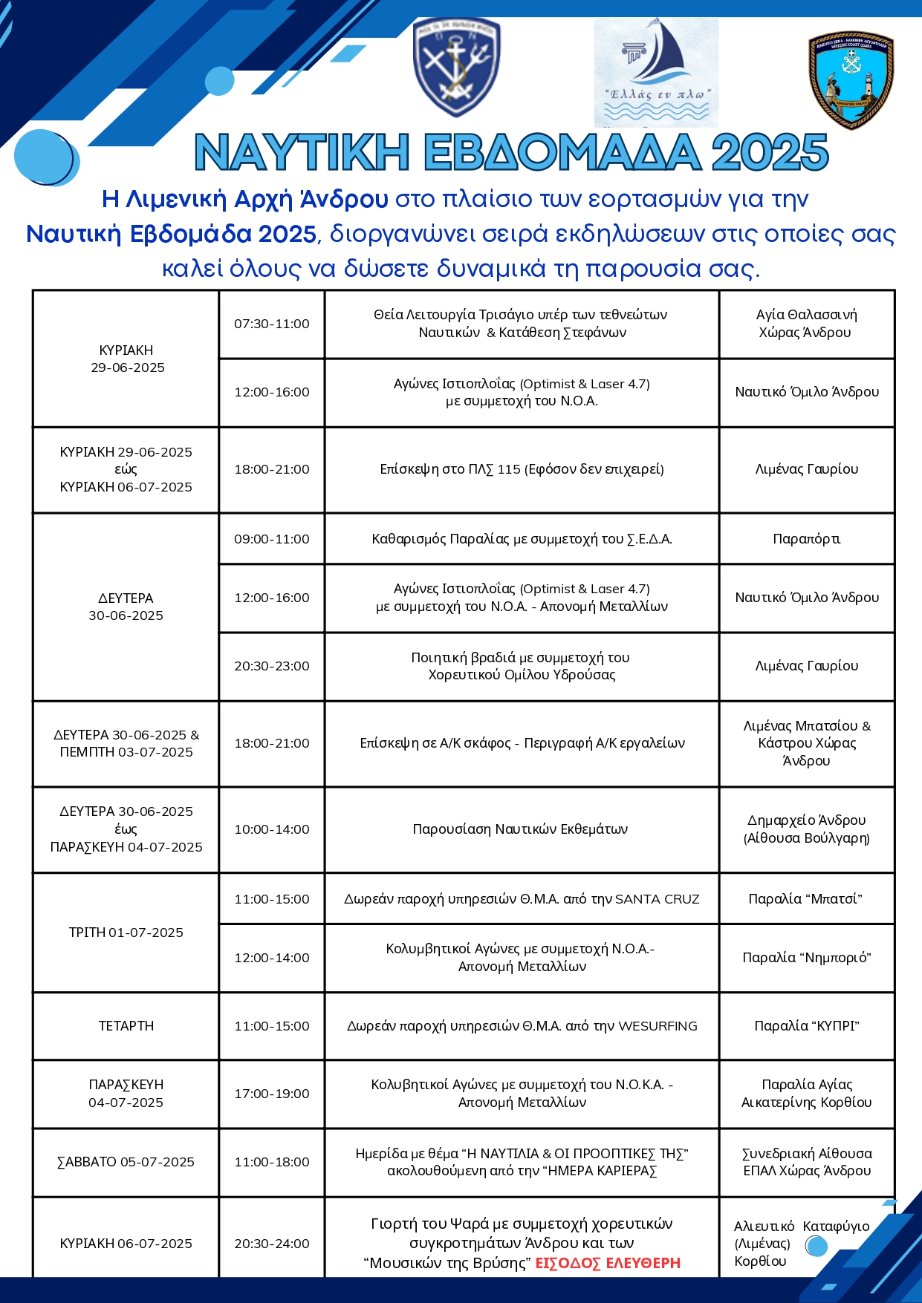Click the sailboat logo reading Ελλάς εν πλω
[656, 72]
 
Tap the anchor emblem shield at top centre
[456, 67]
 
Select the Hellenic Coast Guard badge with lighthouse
[851, 80]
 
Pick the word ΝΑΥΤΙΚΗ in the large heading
[302, 153]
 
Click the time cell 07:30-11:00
[272, 324]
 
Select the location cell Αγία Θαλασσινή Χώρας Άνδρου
[806, 324]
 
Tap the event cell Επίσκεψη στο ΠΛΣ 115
[522, 469]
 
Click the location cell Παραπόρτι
[806, 539]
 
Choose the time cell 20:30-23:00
[272, 666]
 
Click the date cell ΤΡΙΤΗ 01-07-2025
[126, 933]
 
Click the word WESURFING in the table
[658, 1026]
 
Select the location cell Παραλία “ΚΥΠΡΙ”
[806, 1026]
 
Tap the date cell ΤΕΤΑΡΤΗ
[126, 1026]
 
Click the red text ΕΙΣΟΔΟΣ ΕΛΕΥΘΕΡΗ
[608, 1263]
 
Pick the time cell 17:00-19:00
[272, 1094]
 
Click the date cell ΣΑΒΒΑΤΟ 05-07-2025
[126, 1162]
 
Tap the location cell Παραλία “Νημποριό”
[806, 958]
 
